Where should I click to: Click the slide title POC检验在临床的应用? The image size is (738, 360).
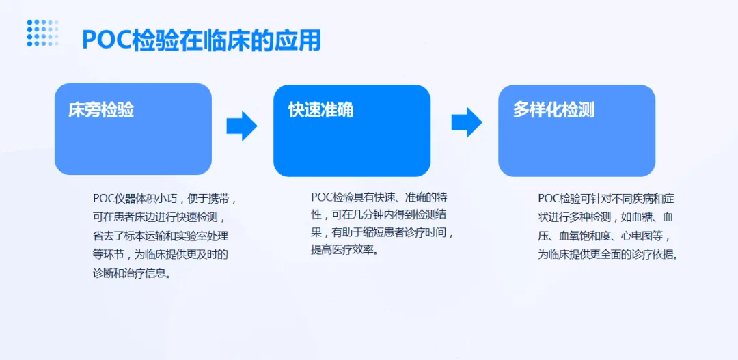(201, 40)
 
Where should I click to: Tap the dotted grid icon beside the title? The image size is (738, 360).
(42, 33)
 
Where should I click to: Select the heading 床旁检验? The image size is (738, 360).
(101, 110)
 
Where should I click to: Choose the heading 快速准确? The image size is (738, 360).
(320, 110)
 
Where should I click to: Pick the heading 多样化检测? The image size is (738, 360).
(553, 110)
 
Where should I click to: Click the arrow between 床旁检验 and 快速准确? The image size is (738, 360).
(242, 125)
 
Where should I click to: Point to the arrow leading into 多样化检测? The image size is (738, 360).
(467, 122)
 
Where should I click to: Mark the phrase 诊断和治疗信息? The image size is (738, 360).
(131, 273)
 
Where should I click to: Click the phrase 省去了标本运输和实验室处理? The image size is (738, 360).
(161, 236)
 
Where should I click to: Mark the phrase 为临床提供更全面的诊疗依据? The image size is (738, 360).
(609, 254)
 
